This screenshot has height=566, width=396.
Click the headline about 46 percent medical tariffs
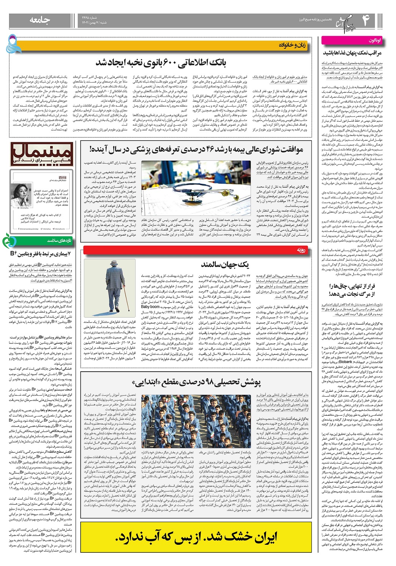tap(196, 150)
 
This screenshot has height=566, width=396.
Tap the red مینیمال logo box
tap(41, 155)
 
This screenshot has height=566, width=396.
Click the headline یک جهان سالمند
tap(225, 264)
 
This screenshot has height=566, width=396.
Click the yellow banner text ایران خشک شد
tap(196, 537)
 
